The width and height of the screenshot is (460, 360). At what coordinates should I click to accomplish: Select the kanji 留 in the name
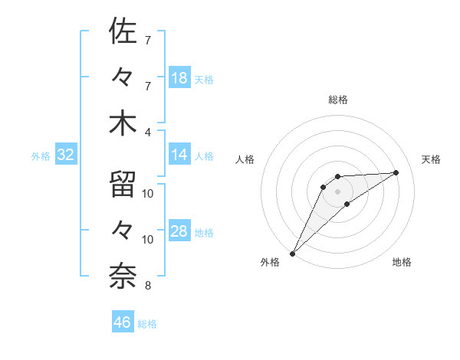[123, 185]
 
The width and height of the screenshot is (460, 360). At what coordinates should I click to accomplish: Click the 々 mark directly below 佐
[123, 77]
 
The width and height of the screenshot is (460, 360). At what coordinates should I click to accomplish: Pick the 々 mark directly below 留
[123, 231]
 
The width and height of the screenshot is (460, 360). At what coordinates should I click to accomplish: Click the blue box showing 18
[179, 78]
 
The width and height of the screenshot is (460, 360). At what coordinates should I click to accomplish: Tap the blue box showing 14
[179, 155]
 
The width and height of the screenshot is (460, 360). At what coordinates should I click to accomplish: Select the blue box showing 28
[179, 231]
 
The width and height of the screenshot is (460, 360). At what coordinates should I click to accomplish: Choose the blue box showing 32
[66, 155]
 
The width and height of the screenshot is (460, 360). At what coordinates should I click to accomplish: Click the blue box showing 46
[123, 322]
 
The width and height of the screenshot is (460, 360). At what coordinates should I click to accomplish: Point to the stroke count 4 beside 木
[148, 131]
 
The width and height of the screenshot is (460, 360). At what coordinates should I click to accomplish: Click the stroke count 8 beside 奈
[148, 286]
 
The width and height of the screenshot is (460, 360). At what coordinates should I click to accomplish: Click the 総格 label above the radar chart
[338, 100]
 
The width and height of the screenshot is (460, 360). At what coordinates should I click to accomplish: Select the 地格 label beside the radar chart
[402, 262]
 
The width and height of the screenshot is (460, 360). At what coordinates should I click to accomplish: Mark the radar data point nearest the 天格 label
[396, 172]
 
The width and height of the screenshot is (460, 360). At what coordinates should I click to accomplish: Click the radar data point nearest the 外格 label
[292, 253]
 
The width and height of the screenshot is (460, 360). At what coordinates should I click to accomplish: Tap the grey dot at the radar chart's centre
[338, 191]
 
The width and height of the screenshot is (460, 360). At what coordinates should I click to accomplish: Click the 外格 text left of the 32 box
[41, 155]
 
